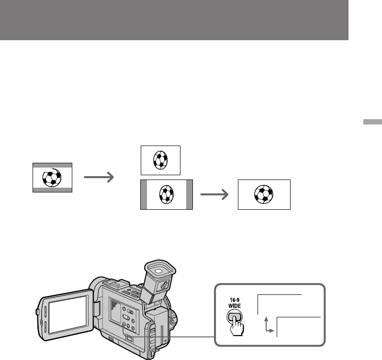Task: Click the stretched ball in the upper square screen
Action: click(x=160, y=160)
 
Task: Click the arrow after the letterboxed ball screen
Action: click(x=99, y=178)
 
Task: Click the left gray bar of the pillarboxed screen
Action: click(x=143, y=195)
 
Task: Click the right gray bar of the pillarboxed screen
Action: click(x=189, y=195)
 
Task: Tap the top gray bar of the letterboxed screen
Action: click(x=52, y=165)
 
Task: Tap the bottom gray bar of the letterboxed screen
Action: click(x=52, y=190)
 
